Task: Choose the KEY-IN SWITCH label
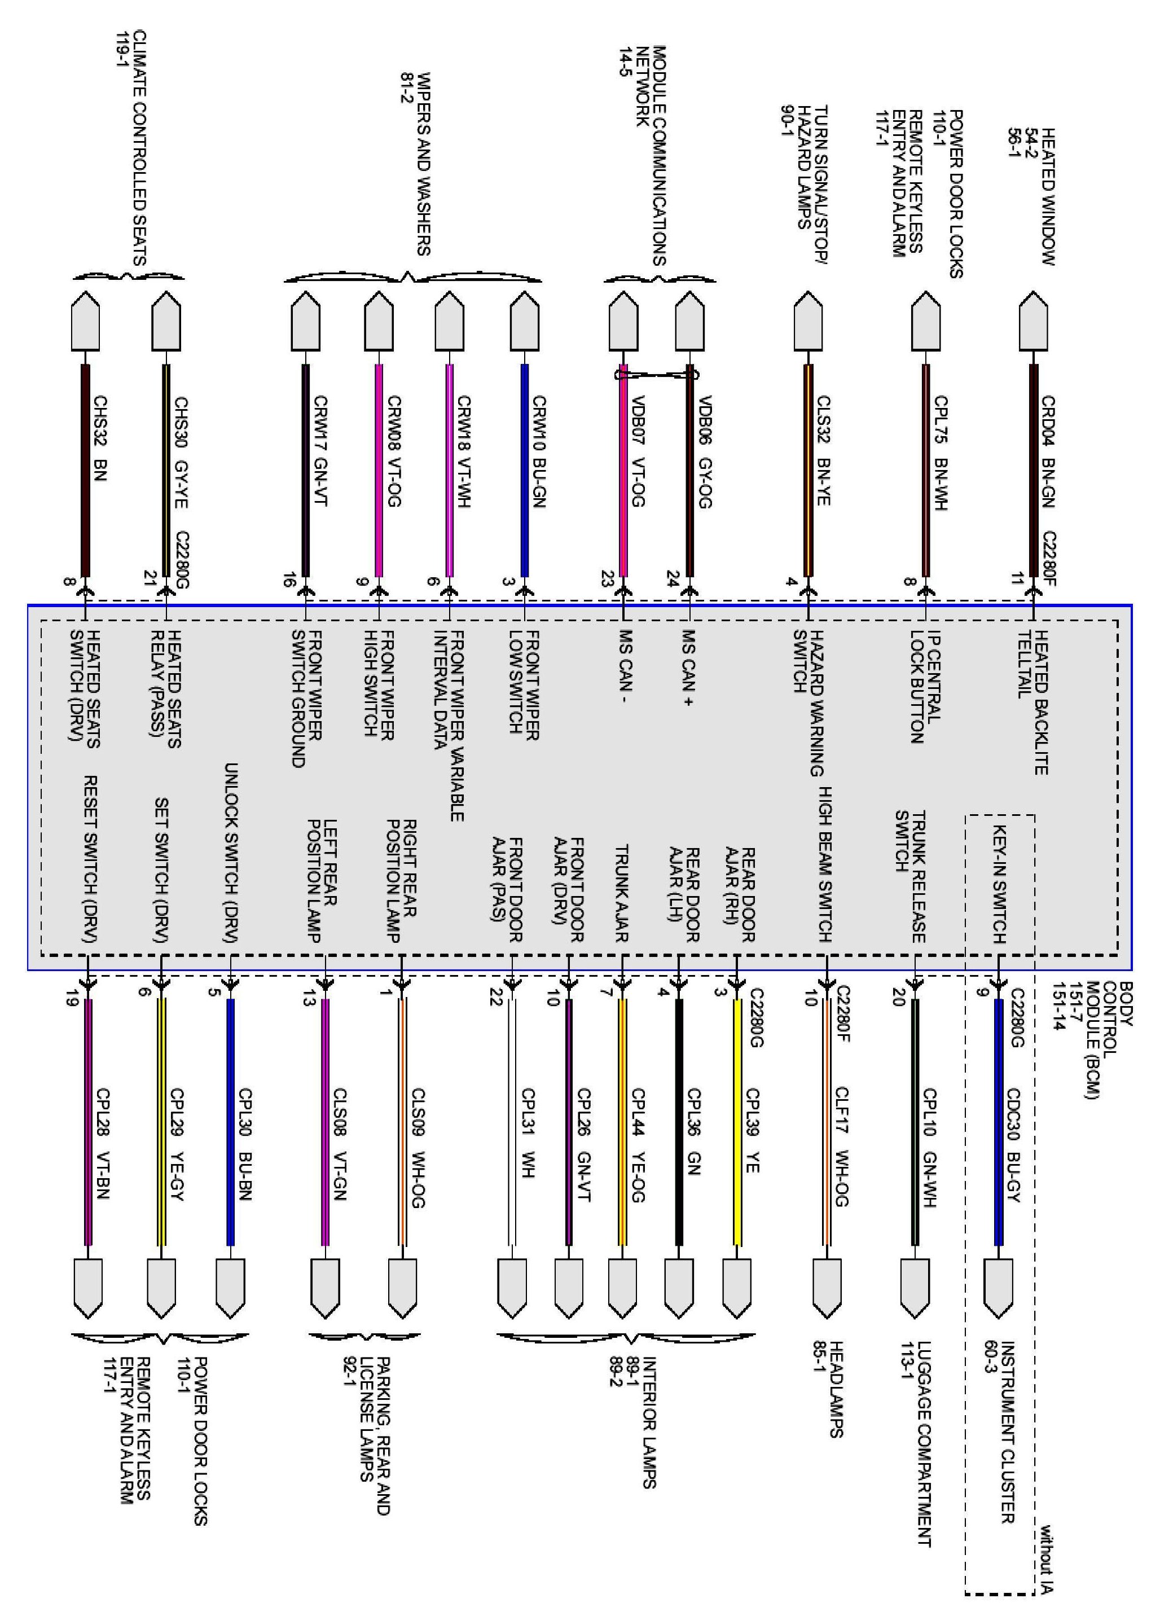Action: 1000,884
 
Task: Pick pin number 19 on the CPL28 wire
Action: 71,1000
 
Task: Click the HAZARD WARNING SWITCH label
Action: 809,702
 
